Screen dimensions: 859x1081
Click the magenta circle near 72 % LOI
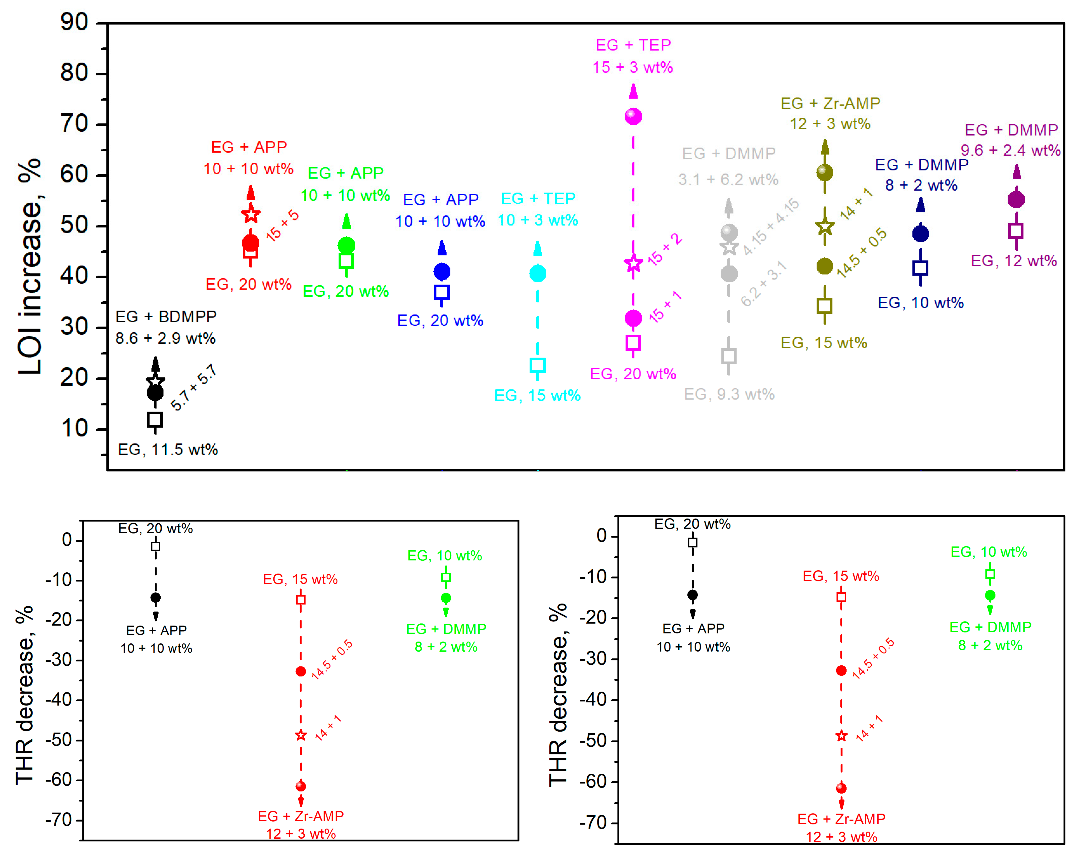pos(633,116)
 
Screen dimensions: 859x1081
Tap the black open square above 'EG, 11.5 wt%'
pos(155,419)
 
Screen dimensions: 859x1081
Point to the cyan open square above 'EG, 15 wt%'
pos(538,365)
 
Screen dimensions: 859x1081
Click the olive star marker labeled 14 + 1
pos(825,227)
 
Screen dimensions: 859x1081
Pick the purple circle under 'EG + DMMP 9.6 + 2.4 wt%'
pos(1016,200)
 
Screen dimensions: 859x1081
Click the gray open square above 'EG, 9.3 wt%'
pos(729,356)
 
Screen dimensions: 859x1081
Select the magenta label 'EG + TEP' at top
pos(633,45)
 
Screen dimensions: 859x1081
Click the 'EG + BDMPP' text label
pos(166,317)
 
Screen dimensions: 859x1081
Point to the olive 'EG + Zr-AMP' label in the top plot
pos(830,103)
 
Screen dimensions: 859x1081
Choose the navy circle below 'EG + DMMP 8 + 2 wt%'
pos(921,234)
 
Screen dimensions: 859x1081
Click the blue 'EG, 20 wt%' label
pos(440,321)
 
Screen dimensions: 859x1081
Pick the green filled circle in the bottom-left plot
pos(446,598)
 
